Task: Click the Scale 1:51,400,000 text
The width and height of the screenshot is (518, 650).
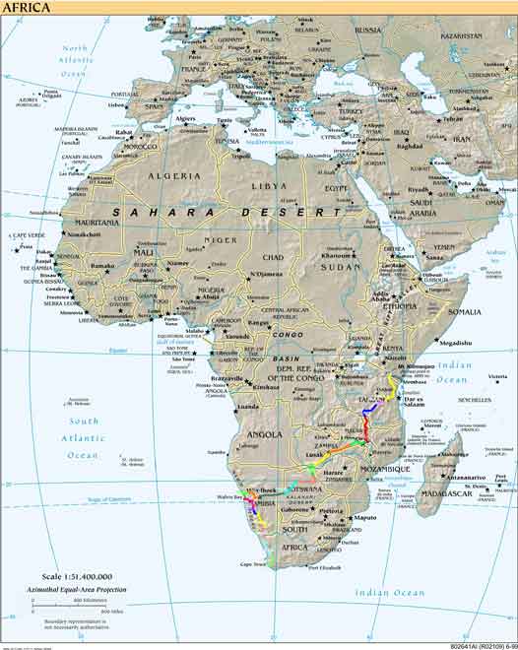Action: click(x=71, y=575)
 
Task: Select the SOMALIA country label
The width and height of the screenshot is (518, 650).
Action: click(x=466, y=311)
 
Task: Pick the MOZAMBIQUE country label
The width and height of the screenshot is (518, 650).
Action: click(x=384, y=470)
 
